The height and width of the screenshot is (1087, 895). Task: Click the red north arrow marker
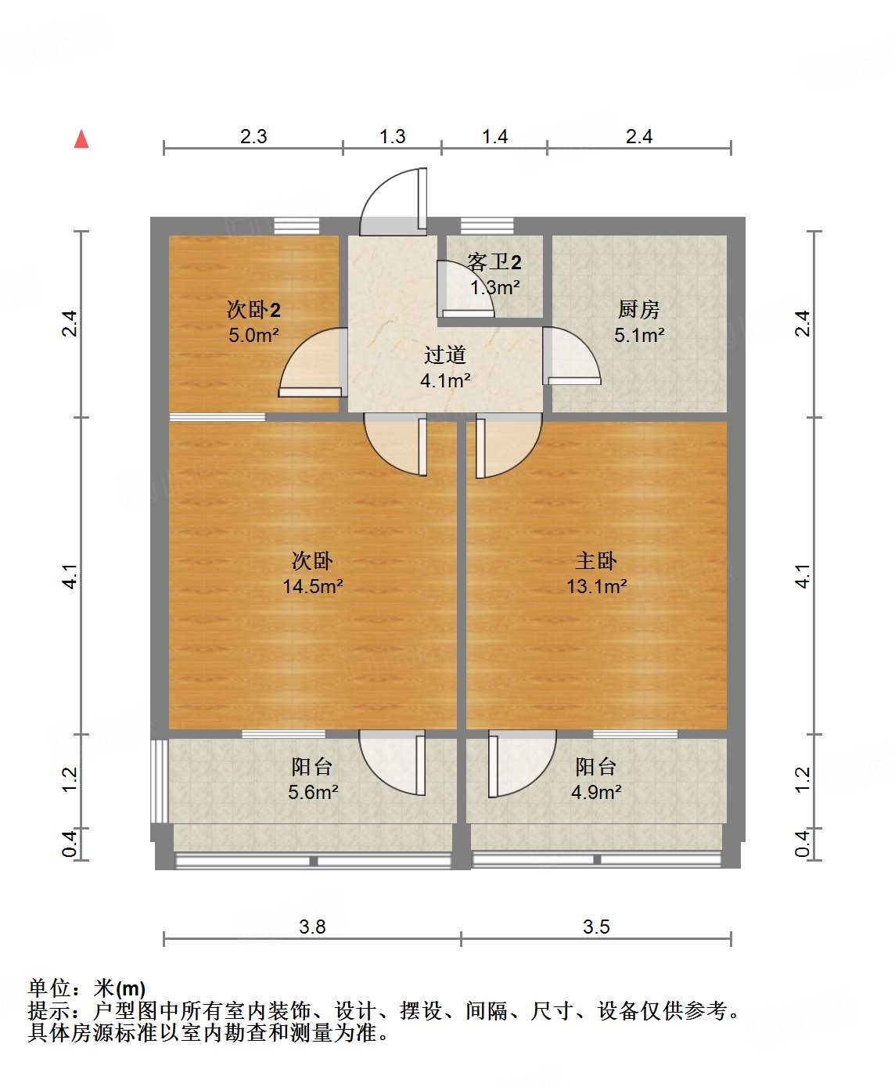coord(81,139)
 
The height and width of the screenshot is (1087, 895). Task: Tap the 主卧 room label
coord(596,560)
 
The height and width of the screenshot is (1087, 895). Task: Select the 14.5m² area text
coord(313,586)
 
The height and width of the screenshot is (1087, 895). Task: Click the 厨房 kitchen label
coord(638,310)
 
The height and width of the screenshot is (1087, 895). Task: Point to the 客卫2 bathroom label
coord(494,262)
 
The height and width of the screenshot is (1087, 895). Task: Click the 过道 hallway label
coord(445,355)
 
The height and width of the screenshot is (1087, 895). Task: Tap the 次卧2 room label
coord(253,310)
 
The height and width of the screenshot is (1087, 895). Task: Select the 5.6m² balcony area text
coord(313,792)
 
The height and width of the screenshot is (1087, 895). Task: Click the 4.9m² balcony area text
coord(596,792)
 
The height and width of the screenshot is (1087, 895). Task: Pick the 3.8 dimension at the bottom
coord(312,927)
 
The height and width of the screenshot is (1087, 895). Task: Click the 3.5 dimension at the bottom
coord(596,927)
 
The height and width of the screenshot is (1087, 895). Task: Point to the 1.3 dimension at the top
coord(392,137)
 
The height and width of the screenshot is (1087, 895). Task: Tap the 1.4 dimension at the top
coord(494,137)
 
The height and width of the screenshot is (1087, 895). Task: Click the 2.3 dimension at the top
coord(253,137)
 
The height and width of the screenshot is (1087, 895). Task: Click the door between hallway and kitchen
coord(571,356)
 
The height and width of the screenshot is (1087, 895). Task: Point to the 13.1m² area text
coord(597,586)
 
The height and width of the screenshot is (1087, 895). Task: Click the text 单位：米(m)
coord(87,989)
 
